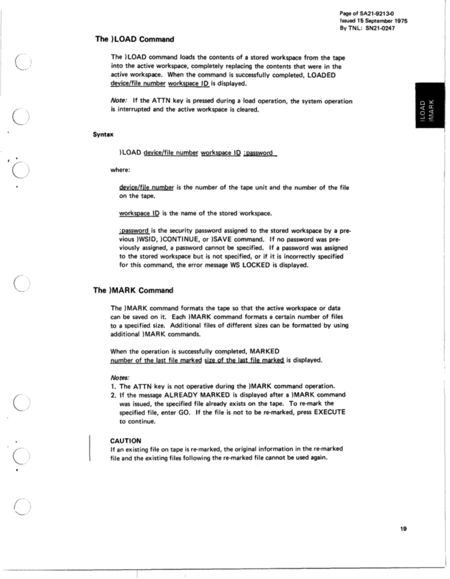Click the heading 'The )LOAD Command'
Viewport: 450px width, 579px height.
pyautogui.click(x=134, y=39)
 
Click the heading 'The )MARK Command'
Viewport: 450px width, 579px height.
pyautogui.click(x=134, y=290)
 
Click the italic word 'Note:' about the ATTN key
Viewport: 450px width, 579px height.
pyautogui.click(x=120, y=101)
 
